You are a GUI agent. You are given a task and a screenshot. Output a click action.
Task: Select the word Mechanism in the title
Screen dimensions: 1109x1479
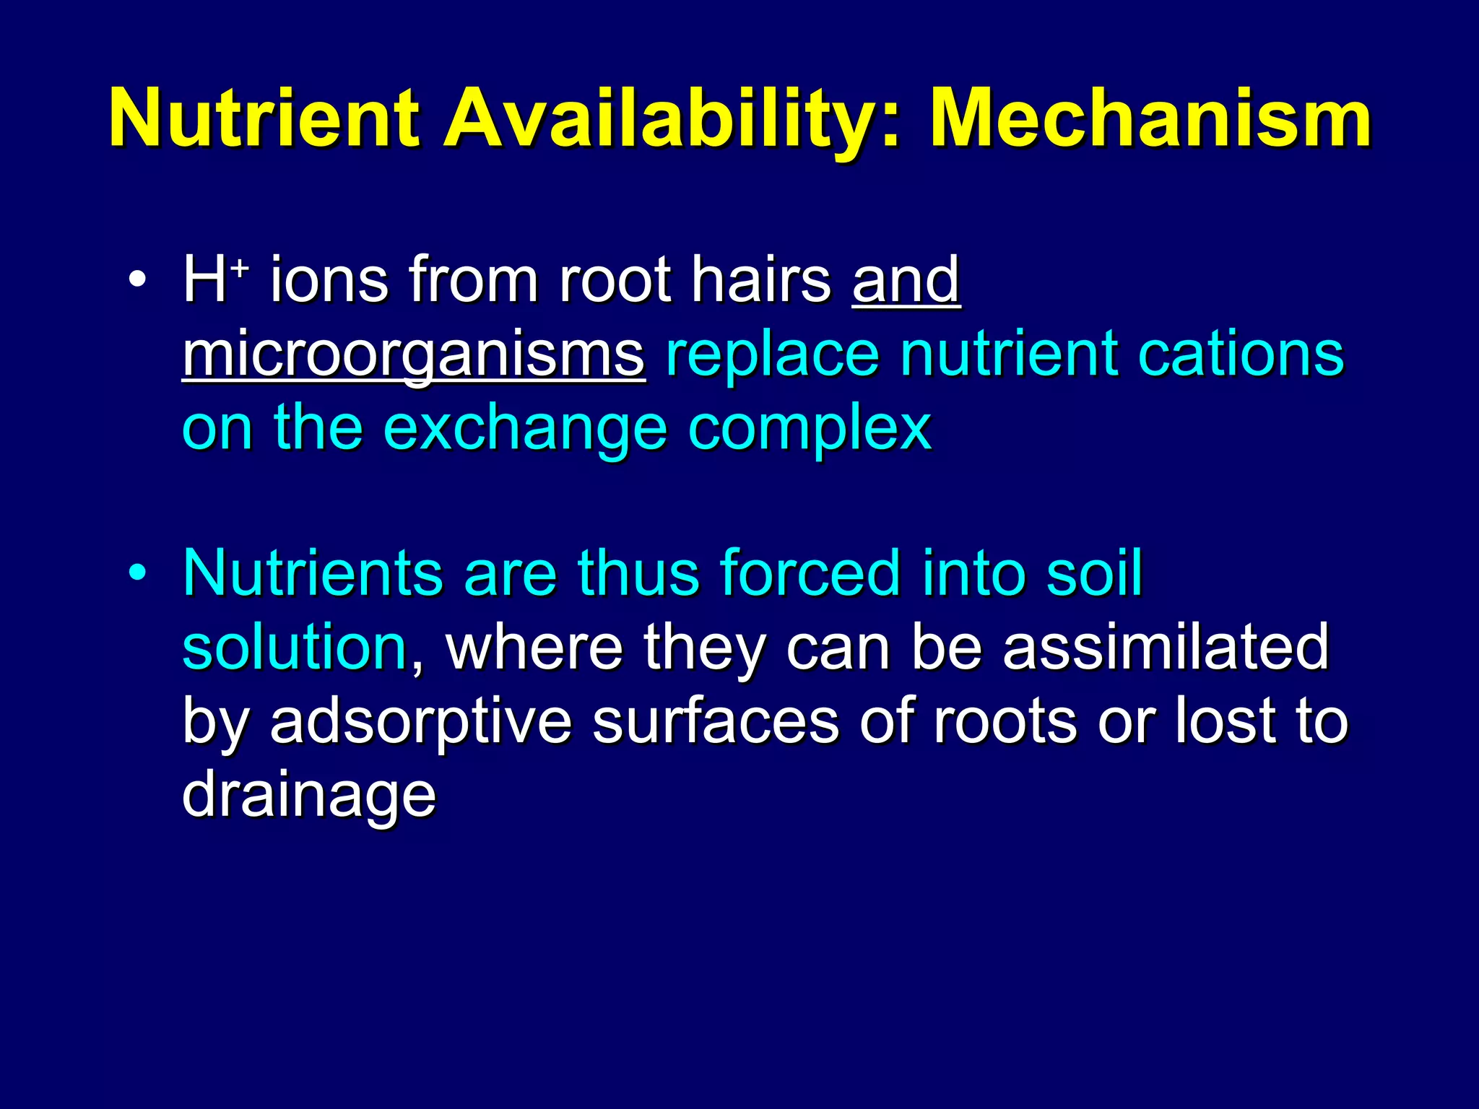click(1150, 119)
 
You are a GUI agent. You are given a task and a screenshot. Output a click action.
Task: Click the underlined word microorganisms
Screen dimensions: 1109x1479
click(413, 355)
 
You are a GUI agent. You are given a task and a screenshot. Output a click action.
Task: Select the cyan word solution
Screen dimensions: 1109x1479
click(295, 648)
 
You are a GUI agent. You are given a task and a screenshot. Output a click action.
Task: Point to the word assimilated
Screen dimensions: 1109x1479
click(1166, 648)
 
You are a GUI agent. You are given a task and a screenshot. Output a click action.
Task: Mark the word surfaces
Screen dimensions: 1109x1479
click(716, 722)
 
